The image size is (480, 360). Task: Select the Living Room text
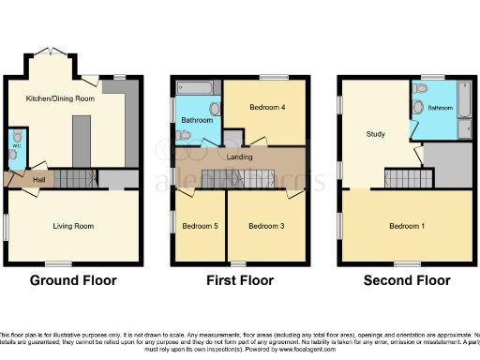(71, 226)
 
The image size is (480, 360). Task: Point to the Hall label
(39, 179)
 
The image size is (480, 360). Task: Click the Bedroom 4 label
(265, 108)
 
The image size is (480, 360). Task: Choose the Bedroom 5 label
(199, 227)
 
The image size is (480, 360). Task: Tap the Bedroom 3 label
(266, 227)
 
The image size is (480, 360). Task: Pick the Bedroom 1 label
(407, 226)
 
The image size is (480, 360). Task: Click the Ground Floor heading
(73, 280)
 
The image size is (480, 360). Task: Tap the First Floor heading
(238, 280)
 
